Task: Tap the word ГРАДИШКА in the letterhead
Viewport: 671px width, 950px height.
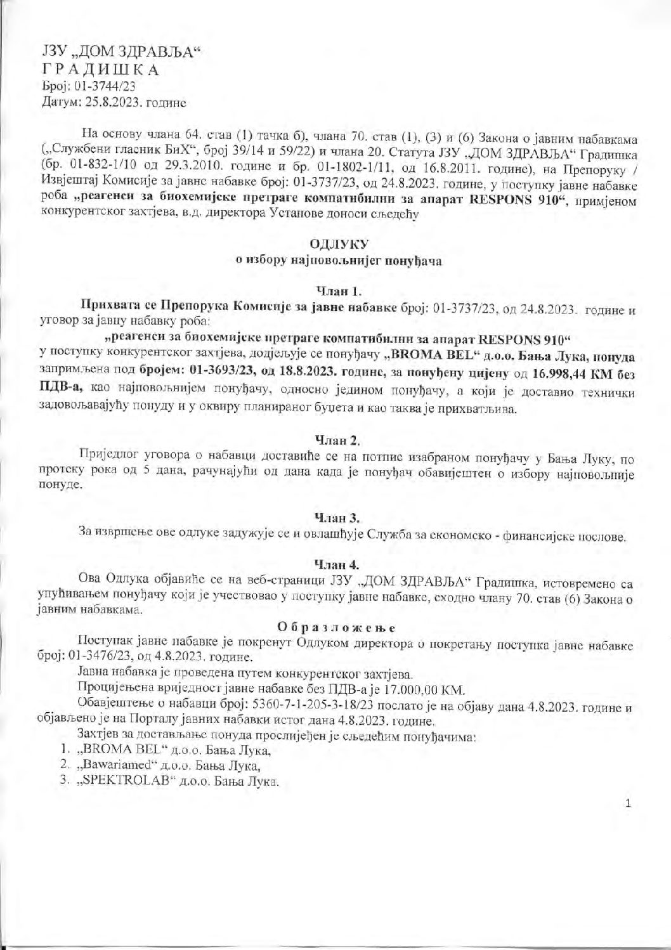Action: pyautogui.click(x=101, y=70)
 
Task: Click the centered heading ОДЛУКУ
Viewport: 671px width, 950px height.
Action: pyautogui.click(x=339, y=244)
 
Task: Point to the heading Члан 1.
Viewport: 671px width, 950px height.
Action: pyautogui.click(x=339, y=292)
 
